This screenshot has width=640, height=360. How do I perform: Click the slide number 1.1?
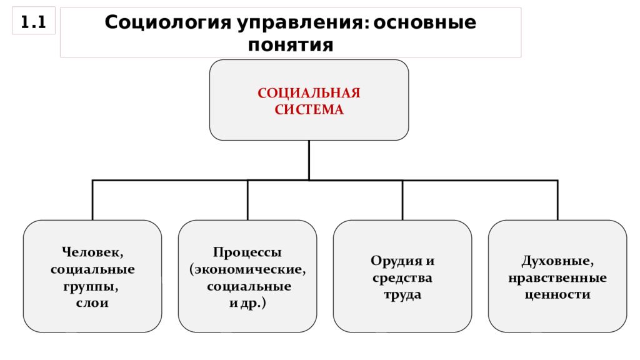[33, 22]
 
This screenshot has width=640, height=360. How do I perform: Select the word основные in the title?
[424, 22]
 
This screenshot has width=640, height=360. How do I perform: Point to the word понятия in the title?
[291, 45]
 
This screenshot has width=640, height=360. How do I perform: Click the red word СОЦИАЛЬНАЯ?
[309, 93]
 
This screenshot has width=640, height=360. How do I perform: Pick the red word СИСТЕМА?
[309, 109]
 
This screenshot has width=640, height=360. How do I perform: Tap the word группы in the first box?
[91, 287]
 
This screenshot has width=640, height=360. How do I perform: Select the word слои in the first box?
[92, 303]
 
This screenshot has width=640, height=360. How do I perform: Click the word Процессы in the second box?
[247, 252]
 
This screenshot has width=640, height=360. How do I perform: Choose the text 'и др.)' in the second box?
[247, 303]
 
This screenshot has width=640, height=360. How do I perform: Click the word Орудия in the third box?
[392, 261]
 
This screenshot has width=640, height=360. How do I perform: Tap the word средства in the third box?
[402, 278]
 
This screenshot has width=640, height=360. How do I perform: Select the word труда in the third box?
[402, 295]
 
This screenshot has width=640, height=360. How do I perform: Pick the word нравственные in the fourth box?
[557, 278]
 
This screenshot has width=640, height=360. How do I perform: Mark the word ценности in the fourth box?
[557, 295]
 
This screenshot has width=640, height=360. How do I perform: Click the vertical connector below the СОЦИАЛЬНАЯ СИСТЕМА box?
[309, 160]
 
